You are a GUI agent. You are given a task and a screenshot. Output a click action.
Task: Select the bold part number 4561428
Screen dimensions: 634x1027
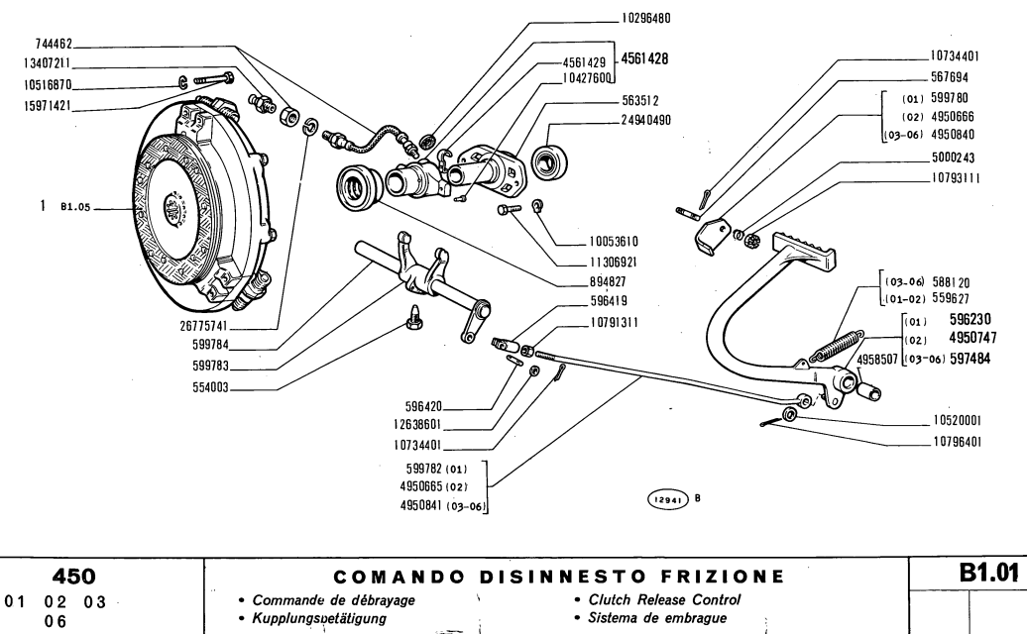coord(643,59)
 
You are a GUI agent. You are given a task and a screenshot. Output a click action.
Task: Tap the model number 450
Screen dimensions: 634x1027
coord(100,576)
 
